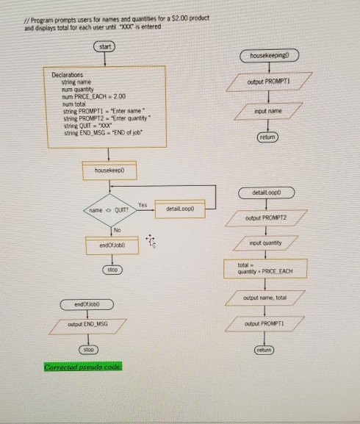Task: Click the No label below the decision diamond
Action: click(115, 229)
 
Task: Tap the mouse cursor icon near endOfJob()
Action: click(151, 239)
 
